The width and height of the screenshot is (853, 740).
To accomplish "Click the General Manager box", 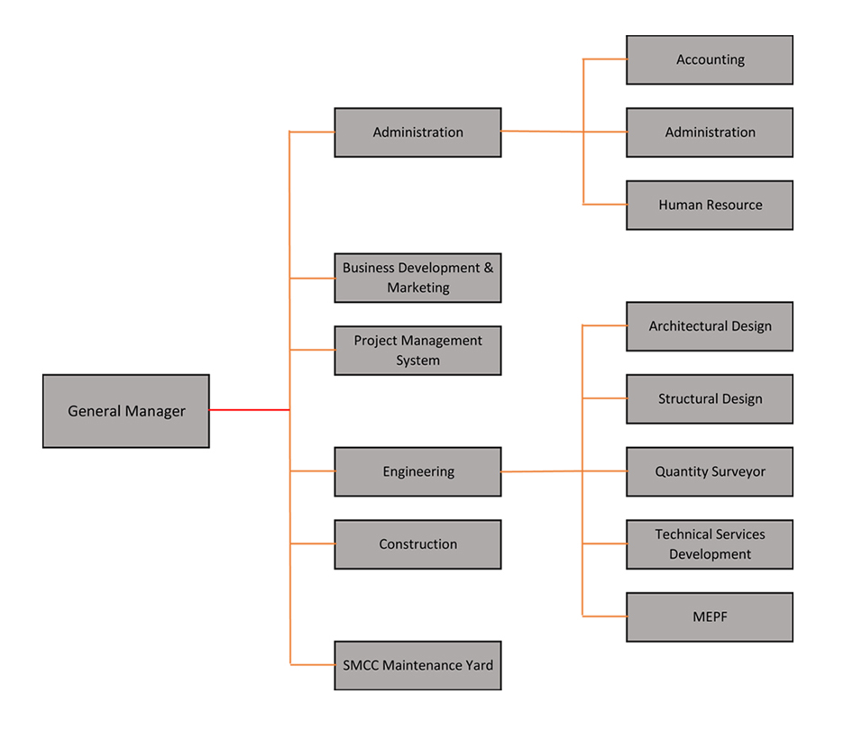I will [126, 412].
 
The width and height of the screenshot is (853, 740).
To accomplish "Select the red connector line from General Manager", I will [249, 410].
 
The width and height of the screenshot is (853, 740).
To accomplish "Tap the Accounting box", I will [710, 60].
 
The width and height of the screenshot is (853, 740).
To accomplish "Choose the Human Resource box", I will [710, 206].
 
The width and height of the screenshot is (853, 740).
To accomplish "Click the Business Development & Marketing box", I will [417, 278].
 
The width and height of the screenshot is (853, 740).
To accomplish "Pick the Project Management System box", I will [417, 351].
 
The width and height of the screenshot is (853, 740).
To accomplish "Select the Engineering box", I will [417, 472].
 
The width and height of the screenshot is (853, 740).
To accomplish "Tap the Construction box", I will [417, 544].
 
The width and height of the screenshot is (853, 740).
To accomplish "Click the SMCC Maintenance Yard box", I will [417, 666].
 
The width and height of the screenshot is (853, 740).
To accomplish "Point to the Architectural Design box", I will [710, 326].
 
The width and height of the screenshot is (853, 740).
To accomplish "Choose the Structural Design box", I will [710, 399].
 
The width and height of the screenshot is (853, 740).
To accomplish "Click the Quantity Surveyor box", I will [710, 472].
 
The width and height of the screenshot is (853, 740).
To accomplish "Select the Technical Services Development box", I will [710, 544].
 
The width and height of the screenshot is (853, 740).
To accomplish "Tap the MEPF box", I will [710, 617].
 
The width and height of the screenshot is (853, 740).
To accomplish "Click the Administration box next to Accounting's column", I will [710, 132].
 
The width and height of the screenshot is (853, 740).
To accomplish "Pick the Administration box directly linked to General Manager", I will [417, 132].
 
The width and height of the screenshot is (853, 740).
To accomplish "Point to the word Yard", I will [478, 666].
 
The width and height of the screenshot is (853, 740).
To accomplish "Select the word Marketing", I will [418, 288].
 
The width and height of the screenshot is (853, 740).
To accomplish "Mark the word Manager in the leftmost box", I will [156, 412].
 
